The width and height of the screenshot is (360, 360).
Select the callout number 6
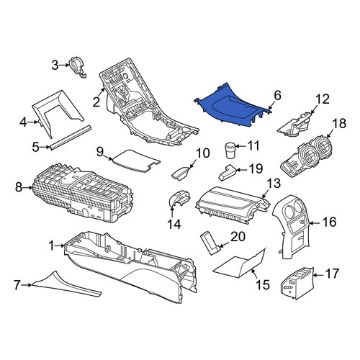[277, 96]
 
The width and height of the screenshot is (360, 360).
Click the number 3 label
[55, 65]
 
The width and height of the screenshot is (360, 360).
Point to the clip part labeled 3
[77, 67]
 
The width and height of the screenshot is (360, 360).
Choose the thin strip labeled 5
[71, 137]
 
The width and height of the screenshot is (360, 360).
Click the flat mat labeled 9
[136, 161]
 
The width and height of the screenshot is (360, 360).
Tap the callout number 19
[256, 169]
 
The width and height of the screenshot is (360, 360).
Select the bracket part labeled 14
[179, 199]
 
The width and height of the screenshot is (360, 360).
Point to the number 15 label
[263, 284]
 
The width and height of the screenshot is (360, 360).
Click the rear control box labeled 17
[297, 283]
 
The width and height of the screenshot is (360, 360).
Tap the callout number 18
[339, 123]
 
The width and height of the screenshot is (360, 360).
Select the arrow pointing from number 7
[27, 285]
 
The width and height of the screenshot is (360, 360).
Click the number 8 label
[19, 187]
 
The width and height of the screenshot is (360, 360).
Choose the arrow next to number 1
[60, 246]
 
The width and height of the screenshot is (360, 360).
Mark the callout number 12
[323, 99]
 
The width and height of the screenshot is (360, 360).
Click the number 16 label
[330, 222]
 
